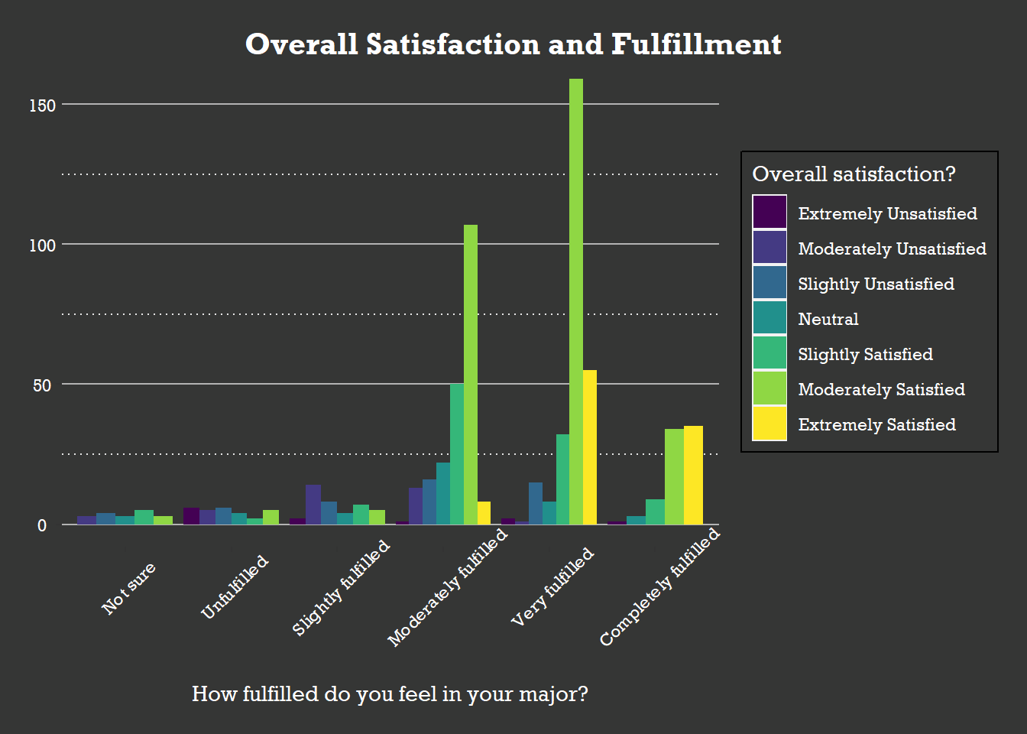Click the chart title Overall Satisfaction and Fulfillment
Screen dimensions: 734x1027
pos(513,44)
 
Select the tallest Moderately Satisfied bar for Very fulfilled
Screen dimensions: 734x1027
pos(576,301)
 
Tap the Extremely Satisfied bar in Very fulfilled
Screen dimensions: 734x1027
pos(590,447)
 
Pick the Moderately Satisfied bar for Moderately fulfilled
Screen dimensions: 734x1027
pos(471,375)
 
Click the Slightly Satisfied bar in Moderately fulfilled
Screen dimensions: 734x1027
pos(457,454)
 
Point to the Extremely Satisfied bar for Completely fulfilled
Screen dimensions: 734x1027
pos(693,475)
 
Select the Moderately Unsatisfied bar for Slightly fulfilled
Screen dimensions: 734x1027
pos(313,505)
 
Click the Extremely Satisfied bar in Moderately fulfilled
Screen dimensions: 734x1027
pos(484,513)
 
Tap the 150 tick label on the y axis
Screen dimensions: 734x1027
pos(43,106)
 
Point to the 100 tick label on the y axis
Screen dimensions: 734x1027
pos(43,245)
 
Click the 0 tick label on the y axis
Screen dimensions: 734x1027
pos(42,525)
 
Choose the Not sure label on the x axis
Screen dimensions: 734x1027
pos(129,588)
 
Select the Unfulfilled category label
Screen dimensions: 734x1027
pos(235,587)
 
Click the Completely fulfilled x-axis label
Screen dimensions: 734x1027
pos(660,587)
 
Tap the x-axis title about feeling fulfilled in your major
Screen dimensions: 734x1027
pos(390,693)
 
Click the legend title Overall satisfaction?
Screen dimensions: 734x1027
pos(854,174)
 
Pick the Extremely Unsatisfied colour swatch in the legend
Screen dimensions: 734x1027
pos(769,213)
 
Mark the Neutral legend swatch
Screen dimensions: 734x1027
pos(769,318)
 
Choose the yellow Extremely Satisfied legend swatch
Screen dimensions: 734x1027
pos(769,424)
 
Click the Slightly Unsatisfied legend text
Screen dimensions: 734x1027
pos(876,284)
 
